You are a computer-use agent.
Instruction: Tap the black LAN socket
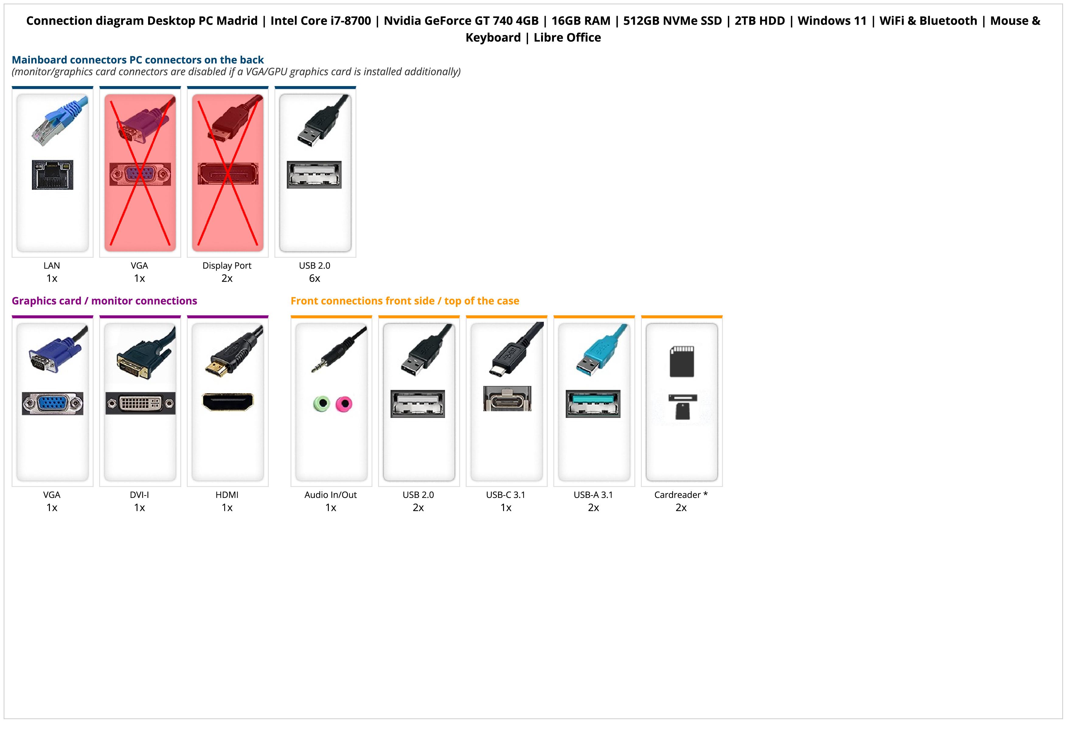coord(53,175)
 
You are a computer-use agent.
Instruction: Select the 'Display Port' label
coord(227,266)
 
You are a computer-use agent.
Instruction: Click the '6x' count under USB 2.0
coord(315,278)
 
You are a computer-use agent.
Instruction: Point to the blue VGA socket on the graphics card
coord(53,403)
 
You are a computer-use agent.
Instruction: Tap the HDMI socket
coord(228,402)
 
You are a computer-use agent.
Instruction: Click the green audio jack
coord(321,403)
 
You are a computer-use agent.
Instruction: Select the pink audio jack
coord(344,404)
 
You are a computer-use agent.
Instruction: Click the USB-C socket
coord(507,399)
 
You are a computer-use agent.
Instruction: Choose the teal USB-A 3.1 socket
coord(593,403)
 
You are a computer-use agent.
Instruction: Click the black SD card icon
coord(682,361)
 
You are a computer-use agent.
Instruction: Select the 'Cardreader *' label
coord(681,495)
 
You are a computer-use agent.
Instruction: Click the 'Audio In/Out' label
coord(330,495)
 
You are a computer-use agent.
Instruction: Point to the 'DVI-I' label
coord(139,495)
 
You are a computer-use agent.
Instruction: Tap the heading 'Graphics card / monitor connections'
coord(105,301)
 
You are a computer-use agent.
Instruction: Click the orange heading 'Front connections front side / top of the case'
coord(405,301)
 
